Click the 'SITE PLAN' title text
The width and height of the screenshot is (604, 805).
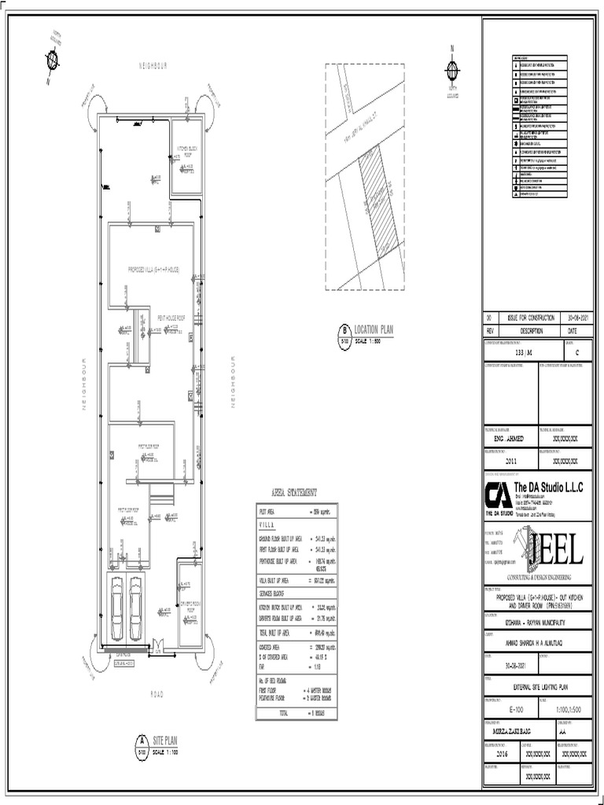pyautogui.click(x=167, y=741)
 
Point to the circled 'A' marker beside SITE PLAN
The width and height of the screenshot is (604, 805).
pyautogui.click(x=142, y=740)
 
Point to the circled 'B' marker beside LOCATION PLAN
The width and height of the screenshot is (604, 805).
pyautogui.click(x=344, y=331)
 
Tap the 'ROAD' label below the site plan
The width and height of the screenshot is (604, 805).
pyautogui.click(x=155, y=694)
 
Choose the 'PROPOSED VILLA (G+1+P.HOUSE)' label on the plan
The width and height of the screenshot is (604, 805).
pyautogui.click(x=154, y=269)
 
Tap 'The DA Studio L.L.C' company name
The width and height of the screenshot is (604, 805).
pyautogui.click(x=548, y=488)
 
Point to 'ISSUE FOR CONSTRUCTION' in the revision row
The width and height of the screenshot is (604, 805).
pyautogui.click(x=532, y=317)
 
